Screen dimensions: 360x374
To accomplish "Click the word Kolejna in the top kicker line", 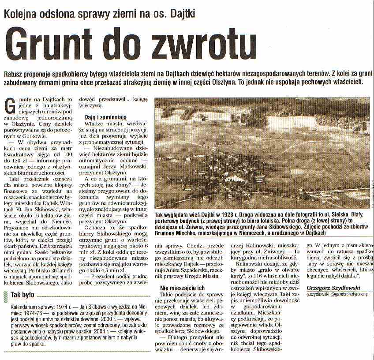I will (x=21, y=12).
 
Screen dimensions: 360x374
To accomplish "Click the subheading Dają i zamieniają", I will (x=105, y=117).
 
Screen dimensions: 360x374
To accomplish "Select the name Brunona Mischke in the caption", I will (x=178, y=232).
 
